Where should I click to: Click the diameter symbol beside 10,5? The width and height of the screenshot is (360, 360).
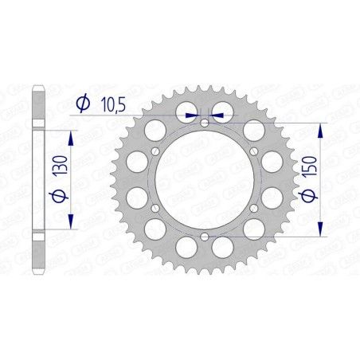click(83, 104)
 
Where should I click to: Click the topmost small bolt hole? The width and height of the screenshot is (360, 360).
click(205, 122)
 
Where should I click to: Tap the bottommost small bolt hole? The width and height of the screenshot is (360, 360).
click(205, 237)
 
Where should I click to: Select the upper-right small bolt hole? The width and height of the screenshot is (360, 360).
click(254, 151)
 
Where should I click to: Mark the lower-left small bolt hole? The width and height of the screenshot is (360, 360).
click(155, 208)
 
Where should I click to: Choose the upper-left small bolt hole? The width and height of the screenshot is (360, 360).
click(155, 151)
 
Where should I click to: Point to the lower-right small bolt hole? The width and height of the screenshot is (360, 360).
click(254, 208)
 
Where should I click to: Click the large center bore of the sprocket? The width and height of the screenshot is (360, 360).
click(205, 179)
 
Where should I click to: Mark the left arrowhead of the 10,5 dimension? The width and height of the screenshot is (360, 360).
click(191, 115)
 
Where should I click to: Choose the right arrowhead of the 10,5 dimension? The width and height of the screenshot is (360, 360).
click(217, 115)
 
